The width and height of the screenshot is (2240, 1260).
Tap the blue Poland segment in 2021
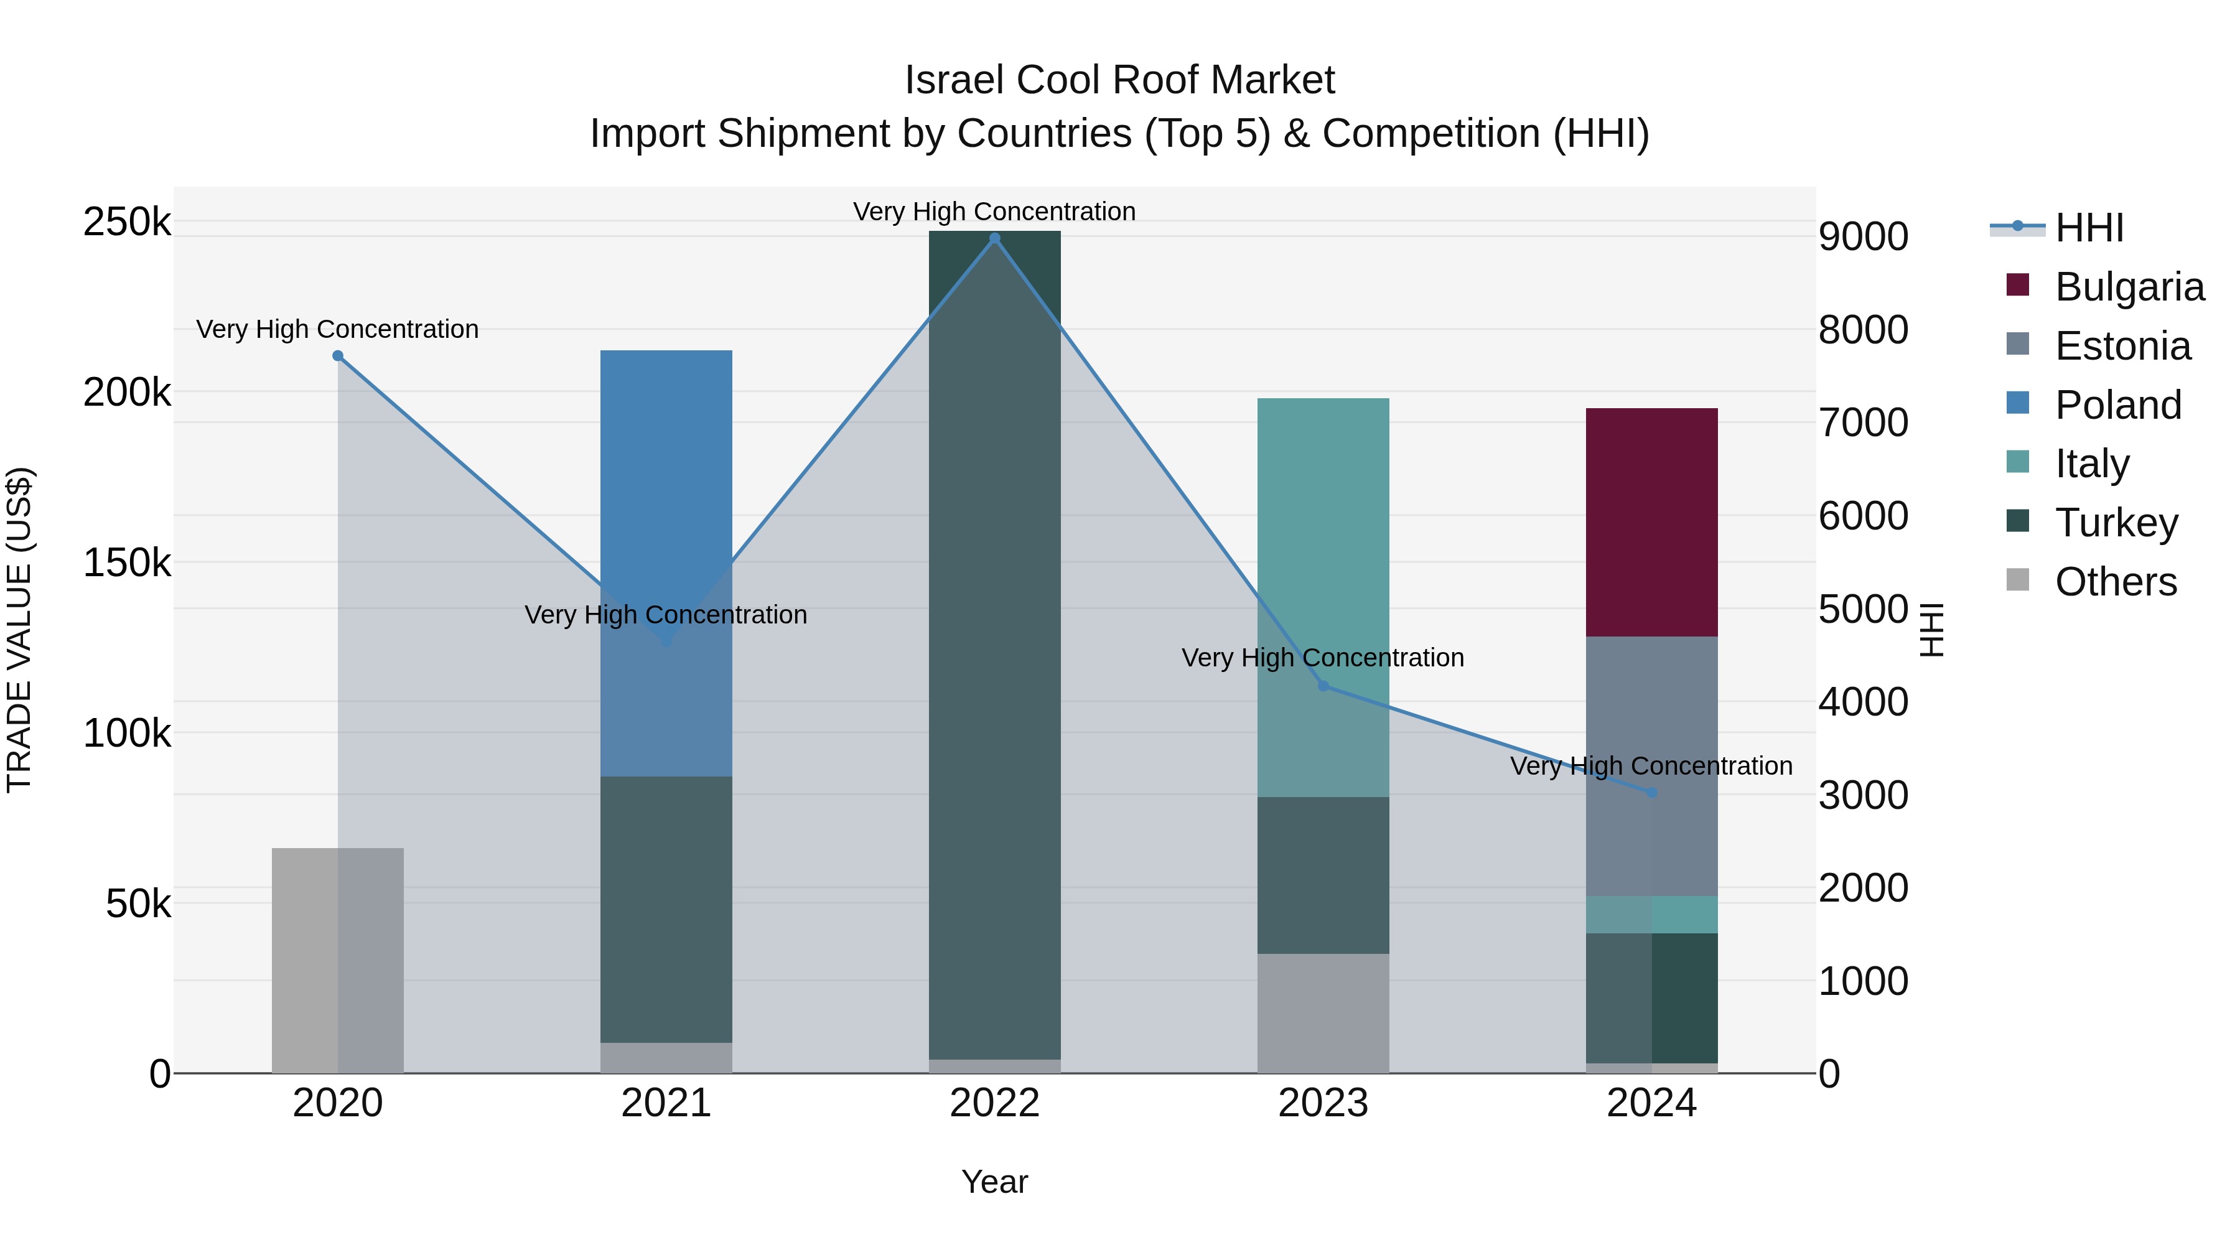(x=666, y=487)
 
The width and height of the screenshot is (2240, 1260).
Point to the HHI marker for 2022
(x=995, y=238)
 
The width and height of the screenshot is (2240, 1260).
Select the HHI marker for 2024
(x=1652, y=792)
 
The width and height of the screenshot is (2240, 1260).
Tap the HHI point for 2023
(x=1323, y=686)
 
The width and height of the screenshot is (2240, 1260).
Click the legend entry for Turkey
(x=2115, y=523)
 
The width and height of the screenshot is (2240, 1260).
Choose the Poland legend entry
(x=2117, y=405)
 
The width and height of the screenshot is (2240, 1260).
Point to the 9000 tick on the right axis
(x=1862, y=236)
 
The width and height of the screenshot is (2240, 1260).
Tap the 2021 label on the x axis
(x=666, y=1103)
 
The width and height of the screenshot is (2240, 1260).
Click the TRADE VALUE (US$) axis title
(x=19, y=630)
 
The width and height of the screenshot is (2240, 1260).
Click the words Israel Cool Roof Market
(x=1119, y=80)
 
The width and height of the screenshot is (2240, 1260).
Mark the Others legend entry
(x=2115, y=582)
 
